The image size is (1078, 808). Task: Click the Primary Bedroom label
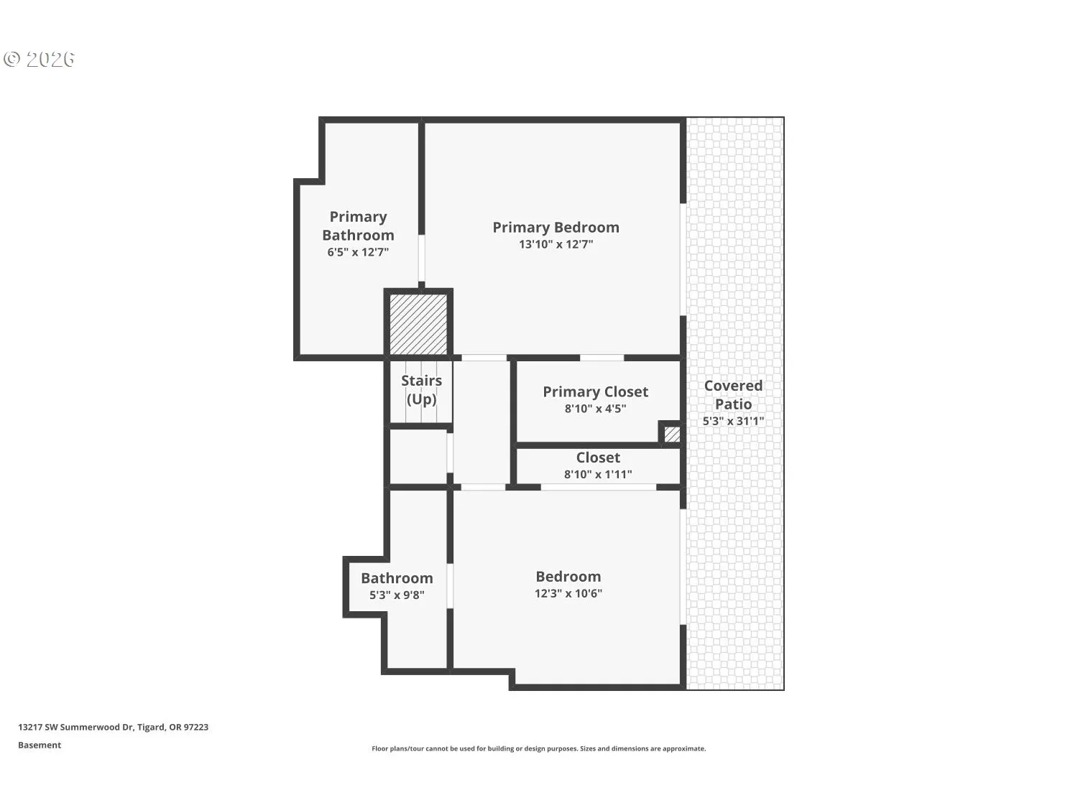pyautogui.click(x=556, y=228)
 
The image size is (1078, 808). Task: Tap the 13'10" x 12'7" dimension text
pyautogui.click(x=556, y=244)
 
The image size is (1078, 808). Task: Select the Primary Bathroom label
pyautogui.click(x=358, y=226)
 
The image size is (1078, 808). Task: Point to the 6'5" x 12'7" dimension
pyautogui.click(x=358, y=252)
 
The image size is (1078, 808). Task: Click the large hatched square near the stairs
pyautogui.click(x=418, y=324)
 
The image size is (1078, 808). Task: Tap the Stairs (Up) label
pyautogui.click(x=421, y=390)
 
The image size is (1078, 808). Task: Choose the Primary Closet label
pyautogui.click(x=595, y=391)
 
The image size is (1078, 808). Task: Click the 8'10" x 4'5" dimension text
pyautogui.click(x=595, y=409)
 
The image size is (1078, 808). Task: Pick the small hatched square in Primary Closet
pyautogui.click(x=671, y=435)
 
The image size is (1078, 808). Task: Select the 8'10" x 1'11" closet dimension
pyautogui.click(x=597, y=474)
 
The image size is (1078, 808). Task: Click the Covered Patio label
pyautogui.click(x=733, y=394)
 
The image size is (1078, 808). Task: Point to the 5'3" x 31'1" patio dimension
pyautogui.click(x=733, y=421)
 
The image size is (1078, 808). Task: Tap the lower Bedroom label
pyautogui.click(x=568, y=577)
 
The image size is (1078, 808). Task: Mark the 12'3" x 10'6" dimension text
pyautogui.click(x=568, y=593)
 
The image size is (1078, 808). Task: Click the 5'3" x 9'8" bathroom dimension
pyautogui.click(x=397, y=595)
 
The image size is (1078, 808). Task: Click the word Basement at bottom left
pyautogui.click(x=40, y=745)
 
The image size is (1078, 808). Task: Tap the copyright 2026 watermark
pyautogui.click(x=40, y=59)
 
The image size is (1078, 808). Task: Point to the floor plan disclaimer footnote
pyautogui.click(x=538, y=748)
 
